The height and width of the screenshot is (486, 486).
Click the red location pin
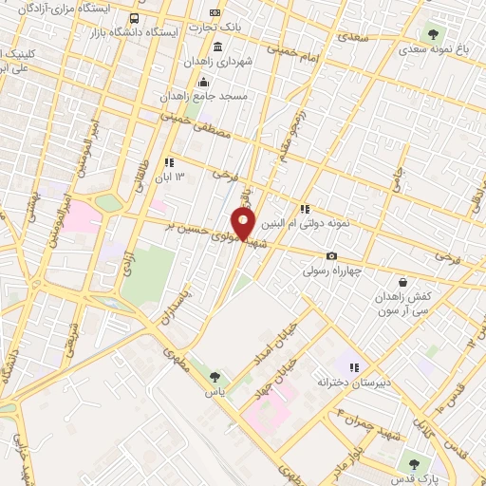point(245,224)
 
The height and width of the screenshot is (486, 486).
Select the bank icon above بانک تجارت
point(217,13)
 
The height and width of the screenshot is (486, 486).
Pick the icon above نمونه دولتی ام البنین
point(305,209)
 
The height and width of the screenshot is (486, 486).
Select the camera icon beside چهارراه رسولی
point(331,255)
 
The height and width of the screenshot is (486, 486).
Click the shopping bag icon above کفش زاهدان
point(402,282)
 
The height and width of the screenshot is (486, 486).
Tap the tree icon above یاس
point(214,377)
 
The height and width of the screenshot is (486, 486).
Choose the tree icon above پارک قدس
point(413,463)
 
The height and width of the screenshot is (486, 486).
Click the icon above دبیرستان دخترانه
point(354,367)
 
